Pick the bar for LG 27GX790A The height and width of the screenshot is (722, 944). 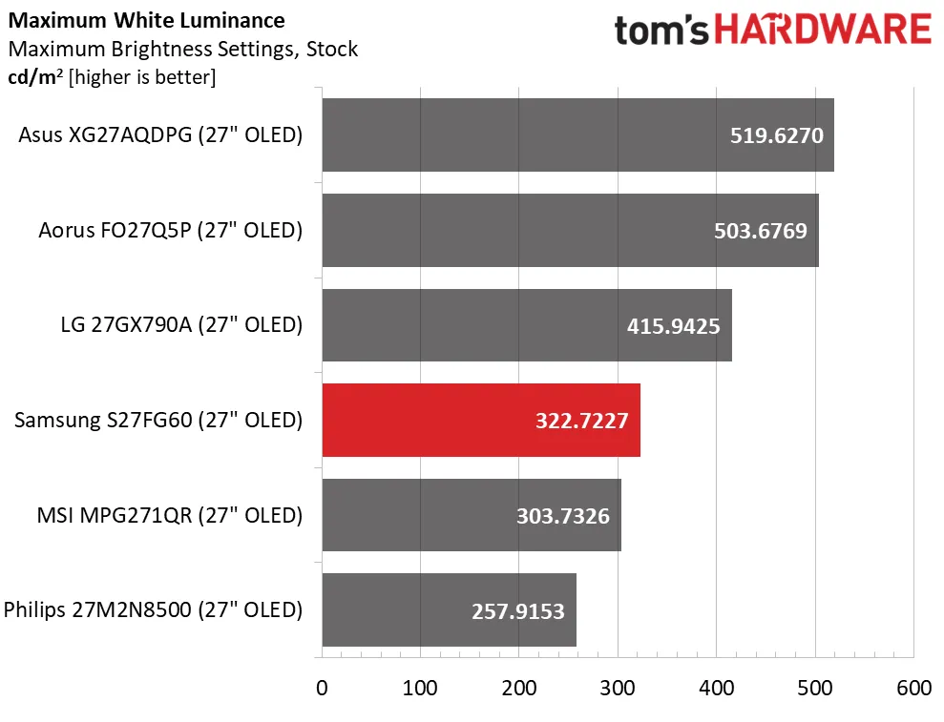[477, 325]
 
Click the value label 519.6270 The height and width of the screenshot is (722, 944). [776, 135]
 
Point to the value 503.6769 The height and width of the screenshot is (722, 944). [761, 231]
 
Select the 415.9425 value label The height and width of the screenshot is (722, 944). [673, 326]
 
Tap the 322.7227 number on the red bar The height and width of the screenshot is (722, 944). [582, 421]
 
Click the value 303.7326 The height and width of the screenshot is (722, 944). [563, 516]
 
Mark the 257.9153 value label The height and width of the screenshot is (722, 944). [518, 611]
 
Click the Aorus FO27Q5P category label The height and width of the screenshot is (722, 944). [171, 230]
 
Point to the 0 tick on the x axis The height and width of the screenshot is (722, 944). [323, 689]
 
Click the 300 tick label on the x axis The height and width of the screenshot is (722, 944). [618, 689]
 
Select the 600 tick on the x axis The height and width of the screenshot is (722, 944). [913, 689]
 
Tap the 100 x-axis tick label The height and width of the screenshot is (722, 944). [421, 689]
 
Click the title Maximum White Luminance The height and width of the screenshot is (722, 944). [145, 20]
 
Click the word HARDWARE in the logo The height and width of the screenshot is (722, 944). [822, 30]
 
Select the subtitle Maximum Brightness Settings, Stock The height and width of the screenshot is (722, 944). [181, 49]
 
